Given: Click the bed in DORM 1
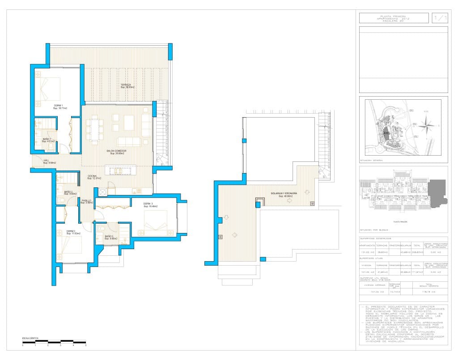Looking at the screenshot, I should click(50, 89).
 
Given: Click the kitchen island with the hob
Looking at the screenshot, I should click(120, 171).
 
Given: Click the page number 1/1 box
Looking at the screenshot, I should click(440, 18).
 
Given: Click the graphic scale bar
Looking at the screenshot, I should click(54, 342).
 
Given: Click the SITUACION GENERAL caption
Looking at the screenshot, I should click(371, 160).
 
